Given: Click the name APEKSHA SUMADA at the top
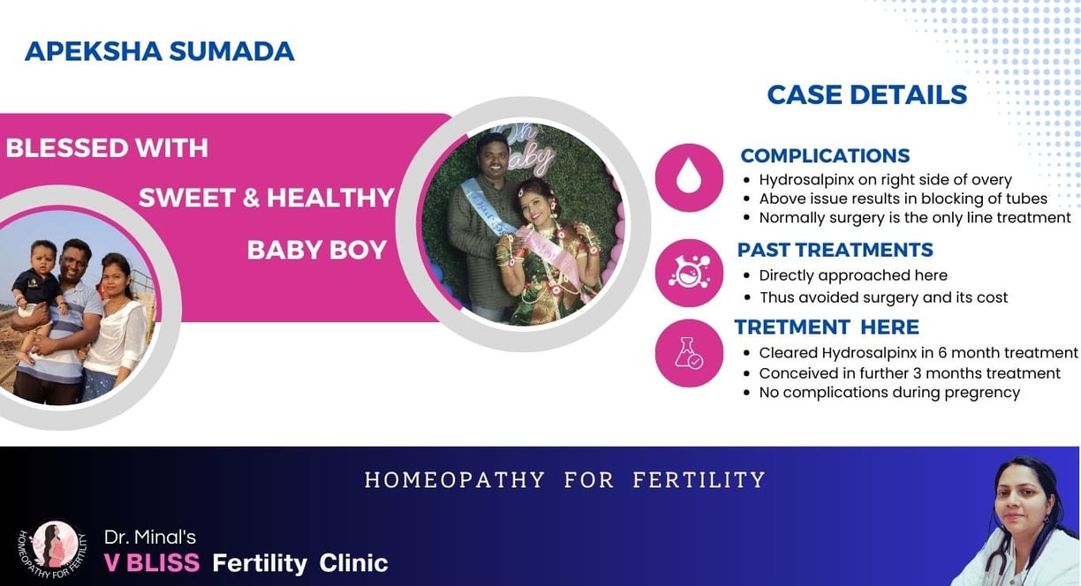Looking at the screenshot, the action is click(159, 51).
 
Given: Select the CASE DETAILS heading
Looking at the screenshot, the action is click(867, 94).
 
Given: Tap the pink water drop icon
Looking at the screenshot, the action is click(689, 177).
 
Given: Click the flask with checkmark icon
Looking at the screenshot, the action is click(689, 352).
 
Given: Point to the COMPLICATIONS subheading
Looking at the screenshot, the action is click(825, 156).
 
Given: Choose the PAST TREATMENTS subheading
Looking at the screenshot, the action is click(835, 250).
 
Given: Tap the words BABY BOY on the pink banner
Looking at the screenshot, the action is click(316, 250).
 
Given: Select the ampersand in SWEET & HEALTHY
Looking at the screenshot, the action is click(251, 198).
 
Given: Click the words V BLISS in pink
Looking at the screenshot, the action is click(152, 563).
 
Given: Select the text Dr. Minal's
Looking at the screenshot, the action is click(150, 537).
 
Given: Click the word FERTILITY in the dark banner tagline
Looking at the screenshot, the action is click(699, 480).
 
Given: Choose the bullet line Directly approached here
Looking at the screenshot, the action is click(853, 275).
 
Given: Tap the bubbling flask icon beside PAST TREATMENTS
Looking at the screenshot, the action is click(689, 273).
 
